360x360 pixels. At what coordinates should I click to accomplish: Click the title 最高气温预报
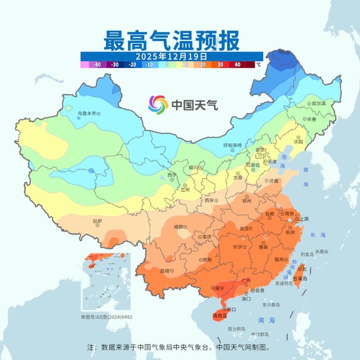171,40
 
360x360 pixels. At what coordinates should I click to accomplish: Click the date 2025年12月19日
171,57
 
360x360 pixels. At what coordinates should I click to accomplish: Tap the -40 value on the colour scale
97,65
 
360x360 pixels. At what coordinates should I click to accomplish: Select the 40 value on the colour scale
237,65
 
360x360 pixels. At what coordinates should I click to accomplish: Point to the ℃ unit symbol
258,65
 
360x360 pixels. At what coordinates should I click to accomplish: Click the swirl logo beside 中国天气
158,105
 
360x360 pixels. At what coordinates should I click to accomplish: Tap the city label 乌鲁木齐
87,114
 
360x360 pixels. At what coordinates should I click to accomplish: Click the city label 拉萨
98,221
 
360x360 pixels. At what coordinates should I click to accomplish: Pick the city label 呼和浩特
233,145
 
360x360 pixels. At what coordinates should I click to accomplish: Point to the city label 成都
179,227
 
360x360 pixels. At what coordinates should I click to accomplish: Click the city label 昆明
164,271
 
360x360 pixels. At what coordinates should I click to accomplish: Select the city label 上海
304,219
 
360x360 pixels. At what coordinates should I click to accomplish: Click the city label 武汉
244,229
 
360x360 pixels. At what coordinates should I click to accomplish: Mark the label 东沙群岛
271,305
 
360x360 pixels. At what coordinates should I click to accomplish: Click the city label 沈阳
298,141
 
